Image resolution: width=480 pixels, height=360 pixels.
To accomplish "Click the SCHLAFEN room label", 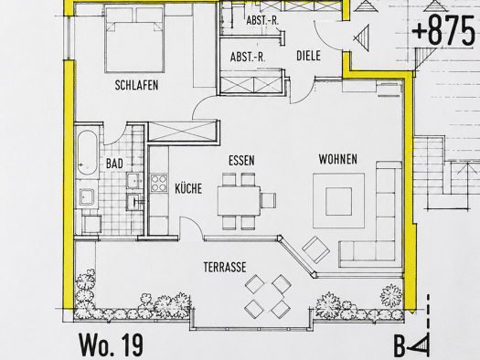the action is pos(136,85).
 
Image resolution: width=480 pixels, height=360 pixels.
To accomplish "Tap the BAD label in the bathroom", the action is pos(114,164).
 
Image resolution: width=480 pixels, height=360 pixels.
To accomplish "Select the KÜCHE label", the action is pos(188,188).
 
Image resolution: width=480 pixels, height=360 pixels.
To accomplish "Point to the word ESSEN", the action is pos(241,160).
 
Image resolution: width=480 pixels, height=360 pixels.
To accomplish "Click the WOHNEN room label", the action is pos(338,159).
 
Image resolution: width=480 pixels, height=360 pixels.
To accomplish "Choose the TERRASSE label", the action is pos(225,267).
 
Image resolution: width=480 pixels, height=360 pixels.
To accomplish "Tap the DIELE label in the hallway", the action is pos(309,56).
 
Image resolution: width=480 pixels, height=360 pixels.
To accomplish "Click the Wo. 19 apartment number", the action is pos(112,344).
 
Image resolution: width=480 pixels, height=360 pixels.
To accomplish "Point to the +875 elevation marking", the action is pos(443,31).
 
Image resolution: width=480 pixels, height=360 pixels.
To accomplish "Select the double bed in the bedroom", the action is pos(134,38).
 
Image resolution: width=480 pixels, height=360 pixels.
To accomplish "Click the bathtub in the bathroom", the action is pos(87,153).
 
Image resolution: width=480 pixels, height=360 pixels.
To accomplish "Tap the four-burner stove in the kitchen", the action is pos(159,183).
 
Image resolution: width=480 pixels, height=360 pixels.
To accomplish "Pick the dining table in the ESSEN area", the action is pos(239,201).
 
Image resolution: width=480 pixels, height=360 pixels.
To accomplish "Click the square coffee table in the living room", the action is pos(338,202).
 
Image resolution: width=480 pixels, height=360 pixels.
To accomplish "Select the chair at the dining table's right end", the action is pos(269,200).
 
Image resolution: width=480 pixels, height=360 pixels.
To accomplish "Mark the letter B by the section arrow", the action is pos(400,346).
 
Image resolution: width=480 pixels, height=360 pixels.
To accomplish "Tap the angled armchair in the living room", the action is pos(316,249).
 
